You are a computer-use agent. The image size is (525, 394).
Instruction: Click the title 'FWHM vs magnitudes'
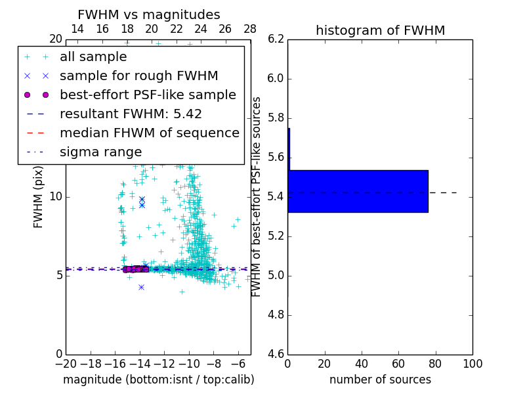(149, 14)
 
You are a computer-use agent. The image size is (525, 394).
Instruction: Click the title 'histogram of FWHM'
(380, 30)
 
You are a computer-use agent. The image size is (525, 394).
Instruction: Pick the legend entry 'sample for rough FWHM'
(139, 76)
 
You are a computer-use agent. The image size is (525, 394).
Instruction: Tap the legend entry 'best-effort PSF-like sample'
(148, 95)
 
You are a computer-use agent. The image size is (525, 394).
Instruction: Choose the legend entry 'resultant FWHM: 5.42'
(131, 114)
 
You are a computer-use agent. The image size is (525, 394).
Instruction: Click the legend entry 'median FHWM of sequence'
(150, 133)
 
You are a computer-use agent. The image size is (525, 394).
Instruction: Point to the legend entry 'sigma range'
(100, 152)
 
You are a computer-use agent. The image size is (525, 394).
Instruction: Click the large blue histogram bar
(358, 191)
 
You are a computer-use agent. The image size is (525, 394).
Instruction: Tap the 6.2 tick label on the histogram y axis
(276, 39)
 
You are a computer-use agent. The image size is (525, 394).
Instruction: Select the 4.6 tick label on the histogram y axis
(276, 354)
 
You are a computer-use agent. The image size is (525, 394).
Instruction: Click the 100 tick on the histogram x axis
(472, 363)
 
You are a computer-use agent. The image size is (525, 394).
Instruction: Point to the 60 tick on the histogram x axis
(398, 363)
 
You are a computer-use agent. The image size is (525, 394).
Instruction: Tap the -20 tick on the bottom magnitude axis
(66, 363)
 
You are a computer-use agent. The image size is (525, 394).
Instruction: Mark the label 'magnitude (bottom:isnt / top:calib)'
(158, 380)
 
